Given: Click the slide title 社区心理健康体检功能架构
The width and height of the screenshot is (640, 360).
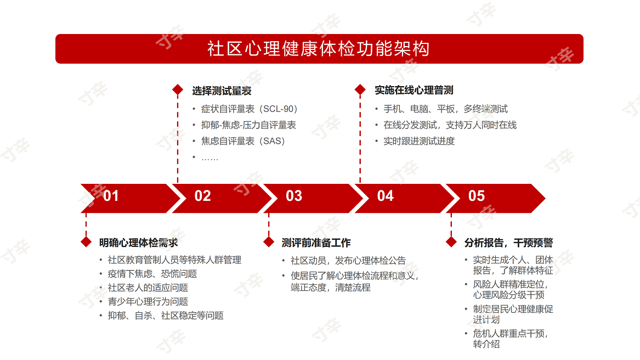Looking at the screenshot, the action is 319,49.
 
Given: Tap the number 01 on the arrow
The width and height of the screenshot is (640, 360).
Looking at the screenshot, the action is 111,196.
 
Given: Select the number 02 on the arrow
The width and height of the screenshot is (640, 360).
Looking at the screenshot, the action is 202,196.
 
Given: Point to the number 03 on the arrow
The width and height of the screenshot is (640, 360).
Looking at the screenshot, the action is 294,196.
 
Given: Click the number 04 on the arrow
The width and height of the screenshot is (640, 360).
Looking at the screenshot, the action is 386,196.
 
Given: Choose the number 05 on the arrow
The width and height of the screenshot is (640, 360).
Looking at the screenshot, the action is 477,196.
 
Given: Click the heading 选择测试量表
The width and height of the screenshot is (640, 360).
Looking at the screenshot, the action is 222,91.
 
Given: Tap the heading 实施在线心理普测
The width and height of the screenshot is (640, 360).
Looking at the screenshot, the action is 414,91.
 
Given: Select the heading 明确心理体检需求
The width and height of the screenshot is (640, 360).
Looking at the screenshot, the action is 139,243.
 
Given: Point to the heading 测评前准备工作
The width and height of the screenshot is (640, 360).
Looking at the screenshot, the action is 316,243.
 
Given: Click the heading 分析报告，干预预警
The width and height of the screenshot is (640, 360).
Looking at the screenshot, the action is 508,243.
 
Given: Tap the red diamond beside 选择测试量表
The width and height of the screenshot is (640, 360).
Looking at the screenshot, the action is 178,90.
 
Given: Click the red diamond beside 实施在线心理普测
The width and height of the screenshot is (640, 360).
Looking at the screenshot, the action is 360,90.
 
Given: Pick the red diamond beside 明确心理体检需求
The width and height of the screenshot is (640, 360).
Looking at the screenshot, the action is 86,242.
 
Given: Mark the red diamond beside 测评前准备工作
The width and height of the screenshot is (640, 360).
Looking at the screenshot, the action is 269,242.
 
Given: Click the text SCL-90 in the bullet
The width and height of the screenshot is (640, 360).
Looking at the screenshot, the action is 280,109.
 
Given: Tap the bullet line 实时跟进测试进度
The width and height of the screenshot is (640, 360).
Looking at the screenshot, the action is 419,141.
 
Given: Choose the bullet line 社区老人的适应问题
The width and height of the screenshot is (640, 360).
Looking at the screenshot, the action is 148,288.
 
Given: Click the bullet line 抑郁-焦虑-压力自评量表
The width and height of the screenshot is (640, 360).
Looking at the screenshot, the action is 248,125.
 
